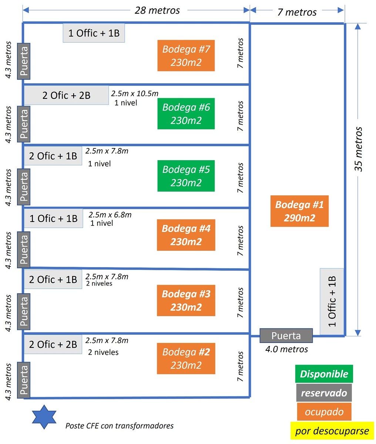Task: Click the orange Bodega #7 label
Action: point(186,55)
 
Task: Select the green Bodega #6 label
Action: point(186,114)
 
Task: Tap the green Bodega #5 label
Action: point(186,176)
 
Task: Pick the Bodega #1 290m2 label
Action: point(299,211)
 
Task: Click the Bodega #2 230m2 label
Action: point(186,359)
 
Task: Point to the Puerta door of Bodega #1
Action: point(286,336)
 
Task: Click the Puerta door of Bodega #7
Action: point(24,61)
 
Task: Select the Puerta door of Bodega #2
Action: point(24,380)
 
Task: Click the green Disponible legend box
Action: point(324,374)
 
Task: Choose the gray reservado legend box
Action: point(324,393)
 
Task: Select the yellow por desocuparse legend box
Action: point(332,431)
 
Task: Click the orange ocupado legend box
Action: point(324,411)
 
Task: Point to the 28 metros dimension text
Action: point(157,10)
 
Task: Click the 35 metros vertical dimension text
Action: point(358,149)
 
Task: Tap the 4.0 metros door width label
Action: point(287,349)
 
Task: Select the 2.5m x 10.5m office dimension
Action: point(135,93)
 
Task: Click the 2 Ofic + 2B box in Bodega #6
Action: point(67,95)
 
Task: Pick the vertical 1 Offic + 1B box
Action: point(332,302)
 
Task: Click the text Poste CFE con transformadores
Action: point(120,425)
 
